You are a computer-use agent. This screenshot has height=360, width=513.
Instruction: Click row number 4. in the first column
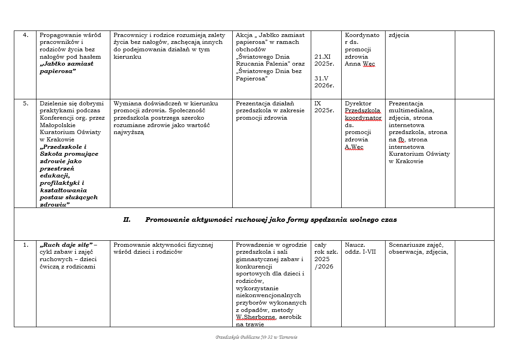[26, 35]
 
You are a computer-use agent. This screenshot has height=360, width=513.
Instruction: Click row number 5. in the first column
[26, 104]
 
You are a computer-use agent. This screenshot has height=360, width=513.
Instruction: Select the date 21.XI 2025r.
[324, 60]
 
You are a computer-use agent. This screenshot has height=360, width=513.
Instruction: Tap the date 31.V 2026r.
[324, 82]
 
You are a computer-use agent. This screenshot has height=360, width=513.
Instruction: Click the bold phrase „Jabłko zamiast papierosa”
[66, 67]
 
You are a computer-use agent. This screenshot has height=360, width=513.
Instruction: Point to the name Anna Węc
[360, 64]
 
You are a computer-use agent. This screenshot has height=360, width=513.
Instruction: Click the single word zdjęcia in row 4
[399, 35]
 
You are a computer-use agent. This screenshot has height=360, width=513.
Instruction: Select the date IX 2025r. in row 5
[324, 107]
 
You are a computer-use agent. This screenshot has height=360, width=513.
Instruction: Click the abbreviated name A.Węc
[354, 147]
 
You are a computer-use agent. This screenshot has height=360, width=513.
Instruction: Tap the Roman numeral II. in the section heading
[127, 220]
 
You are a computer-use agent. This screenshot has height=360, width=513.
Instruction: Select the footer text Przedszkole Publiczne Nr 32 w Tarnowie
[256, 337]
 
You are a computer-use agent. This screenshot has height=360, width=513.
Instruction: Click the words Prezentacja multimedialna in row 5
[411, 107]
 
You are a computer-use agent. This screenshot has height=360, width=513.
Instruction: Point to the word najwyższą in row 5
[129, 132]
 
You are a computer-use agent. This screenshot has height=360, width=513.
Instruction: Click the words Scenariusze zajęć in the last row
[416, 245]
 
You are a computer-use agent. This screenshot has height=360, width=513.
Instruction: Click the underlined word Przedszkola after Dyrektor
[362, 111]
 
